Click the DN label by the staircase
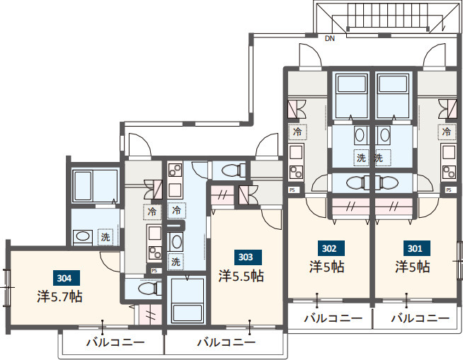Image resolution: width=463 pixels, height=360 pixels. coord(330,38)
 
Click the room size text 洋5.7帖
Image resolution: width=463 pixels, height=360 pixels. coord(59,296)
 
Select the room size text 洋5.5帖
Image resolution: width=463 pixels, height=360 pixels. coord(241,276)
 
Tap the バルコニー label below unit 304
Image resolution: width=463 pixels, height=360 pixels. coord(115,342)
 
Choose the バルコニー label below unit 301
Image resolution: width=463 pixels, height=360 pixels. coord(421,318)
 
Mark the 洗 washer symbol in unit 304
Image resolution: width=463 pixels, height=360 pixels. coord(105,237)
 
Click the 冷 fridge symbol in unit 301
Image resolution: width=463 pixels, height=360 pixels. coord(446,132)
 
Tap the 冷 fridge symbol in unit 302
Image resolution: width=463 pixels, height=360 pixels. coord(297,132)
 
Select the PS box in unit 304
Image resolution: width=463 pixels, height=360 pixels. coord(154,271)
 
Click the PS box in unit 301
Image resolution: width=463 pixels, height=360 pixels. coord(449,190)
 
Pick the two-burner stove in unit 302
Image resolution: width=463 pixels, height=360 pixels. coord(296,173)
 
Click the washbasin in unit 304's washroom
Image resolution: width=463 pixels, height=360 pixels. coord(83,236)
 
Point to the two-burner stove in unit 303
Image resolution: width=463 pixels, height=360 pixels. coord(175,170)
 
